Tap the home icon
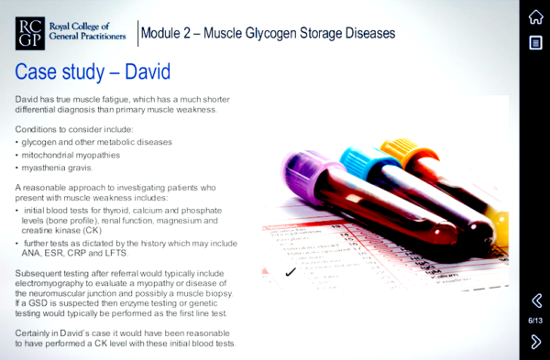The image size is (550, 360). pyautogui.click(x=535, y=16)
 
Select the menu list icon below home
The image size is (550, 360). pyautogui.click(x=535, y=43)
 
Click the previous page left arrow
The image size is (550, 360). pyautogui.click(x=536, y=300)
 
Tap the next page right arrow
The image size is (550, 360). pyautogui.click(x=536, y=341)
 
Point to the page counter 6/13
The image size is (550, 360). pyautogui.click(x=535, y=321)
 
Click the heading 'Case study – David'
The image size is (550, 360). pyautogui.click(x=93, y=71)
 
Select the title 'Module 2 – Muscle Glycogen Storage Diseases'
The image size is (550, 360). pyautogui.click(x=268, y=33)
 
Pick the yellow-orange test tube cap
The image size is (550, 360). pyautogui.click(x=401, y=148)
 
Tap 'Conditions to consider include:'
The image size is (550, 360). pyautogui.click(x=74, y=129)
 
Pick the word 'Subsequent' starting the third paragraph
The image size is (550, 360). pyautogui.click(x=42, y=274)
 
